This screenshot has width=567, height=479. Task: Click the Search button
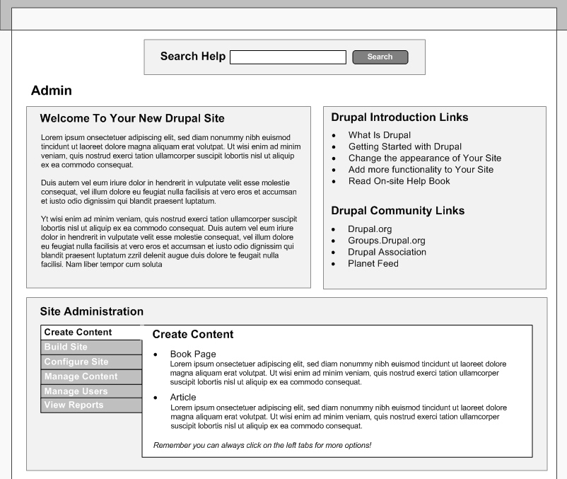380,57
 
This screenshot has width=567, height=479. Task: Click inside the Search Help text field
288,57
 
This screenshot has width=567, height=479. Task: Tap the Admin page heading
52,91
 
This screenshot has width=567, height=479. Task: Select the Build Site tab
66,347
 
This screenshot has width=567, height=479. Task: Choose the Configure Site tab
76,362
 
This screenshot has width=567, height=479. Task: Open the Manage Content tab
81,376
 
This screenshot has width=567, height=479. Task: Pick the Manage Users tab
76,391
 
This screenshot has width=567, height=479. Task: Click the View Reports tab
74,405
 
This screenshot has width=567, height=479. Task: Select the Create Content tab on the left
78,332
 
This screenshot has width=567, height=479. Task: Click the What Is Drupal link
379,135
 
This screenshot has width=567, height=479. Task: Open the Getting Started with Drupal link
404,146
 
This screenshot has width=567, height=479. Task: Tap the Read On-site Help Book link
399,181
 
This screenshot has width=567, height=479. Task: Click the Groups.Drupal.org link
386,241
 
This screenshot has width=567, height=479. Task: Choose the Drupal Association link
387,252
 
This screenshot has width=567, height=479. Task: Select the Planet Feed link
373,264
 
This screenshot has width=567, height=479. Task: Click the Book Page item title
193,354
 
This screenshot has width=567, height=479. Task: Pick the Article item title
183,398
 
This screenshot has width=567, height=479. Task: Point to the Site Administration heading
91,311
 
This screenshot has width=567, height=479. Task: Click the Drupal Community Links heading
397,211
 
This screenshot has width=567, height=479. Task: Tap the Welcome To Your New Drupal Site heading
132,118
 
